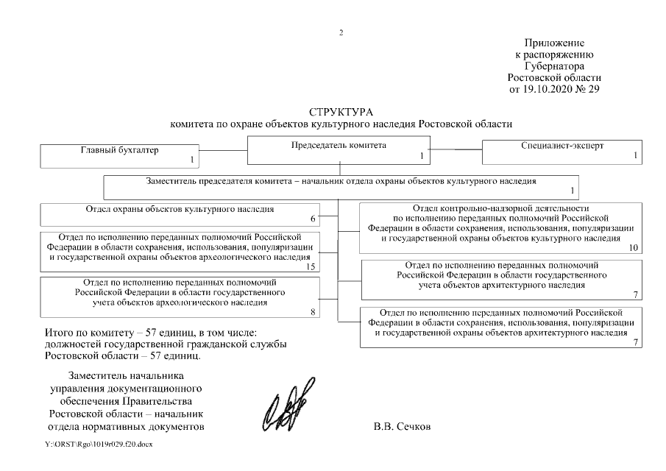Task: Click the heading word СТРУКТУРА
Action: (x=341, y=112)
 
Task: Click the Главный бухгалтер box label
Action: (x=119, y=150)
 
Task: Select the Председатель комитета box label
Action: (x=339, y=146)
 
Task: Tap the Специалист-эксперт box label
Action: (x=562, y=146)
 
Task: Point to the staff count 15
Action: (x=310, y=266)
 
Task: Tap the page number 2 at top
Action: (x=341, y=32)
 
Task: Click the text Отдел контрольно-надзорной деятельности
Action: (x=502, y=209)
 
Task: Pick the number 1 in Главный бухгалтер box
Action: (x=191, y=160)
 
